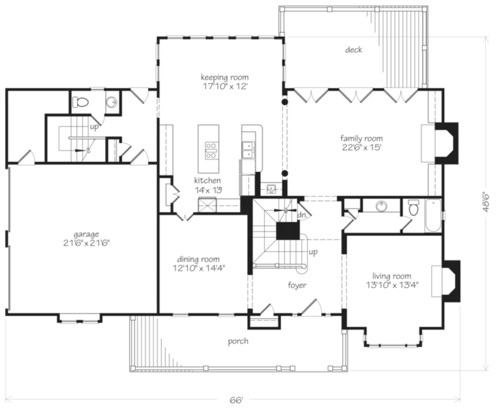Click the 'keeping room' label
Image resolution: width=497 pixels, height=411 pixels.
tap(225, 77)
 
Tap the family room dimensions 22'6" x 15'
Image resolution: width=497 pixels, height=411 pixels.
tap(361, 147)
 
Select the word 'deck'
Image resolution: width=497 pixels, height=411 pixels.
tap(353, 50)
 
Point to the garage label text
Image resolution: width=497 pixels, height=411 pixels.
tap(86, 235)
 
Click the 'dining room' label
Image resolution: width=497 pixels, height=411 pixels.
tap(198, 260)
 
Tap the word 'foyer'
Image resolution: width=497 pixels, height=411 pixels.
tap(297, 286)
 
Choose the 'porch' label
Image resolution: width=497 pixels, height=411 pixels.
tap(238, 341)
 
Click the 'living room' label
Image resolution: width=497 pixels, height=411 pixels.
tap(392, 276)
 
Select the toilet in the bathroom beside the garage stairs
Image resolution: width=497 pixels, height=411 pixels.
tap(80, 102)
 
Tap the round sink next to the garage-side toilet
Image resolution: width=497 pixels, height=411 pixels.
tap(111, 102)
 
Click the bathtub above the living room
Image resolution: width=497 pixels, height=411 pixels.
tap(433, 215)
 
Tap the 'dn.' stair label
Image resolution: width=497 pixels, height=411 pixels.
tap(303, 215)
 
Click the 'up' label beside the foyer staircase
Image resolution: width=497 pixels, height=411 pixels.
tap(313, 252)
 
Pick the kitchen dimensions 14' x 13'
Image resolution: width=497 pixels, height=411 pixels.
tap(208, 190)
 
